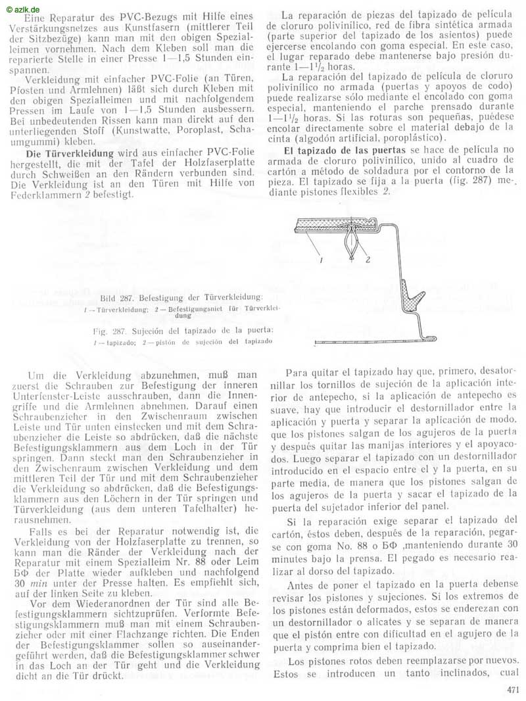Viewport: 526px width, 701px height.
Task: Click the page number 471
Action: tap(514, 689)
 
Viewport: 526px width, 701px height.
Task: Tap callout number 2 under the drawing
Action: tap(368, 260)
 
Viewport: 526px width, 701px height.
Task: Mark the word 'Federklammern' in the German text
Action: tap(43, 195)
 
